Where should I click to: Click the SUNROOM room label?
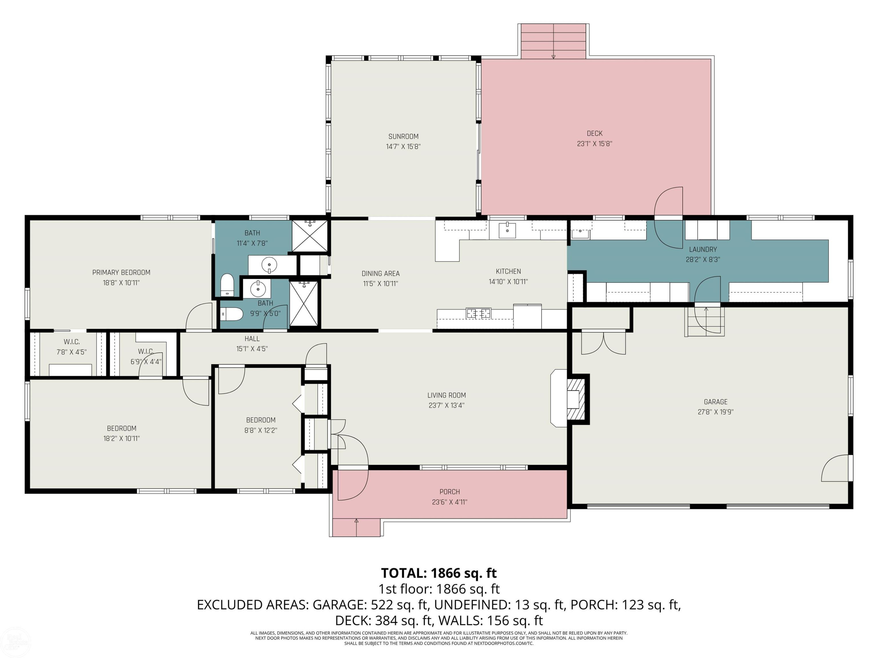(403, 137)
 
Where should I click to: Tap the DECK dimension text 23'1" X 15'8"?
(595, 144)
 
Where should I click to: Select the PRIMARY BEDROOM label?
(121, 273)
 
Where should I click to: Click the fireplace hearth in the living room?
(558, 398)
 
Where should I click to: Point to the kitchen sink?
(507, 230)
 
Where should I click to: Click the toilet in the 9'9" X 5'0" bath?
(231, 314)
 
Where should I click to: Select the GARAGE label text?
(716, 402)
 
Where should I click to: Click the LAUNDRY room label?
(703, 249)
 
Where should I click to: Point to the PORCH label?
(450, 492)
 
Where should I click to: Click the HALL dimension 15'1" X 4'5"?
(252, 349)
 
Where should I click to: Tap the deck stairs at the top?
(554, 41)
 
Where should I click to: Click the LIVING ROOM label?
(447, 395)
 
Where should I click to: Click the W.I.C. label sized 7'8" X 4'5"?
(72, 342)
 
